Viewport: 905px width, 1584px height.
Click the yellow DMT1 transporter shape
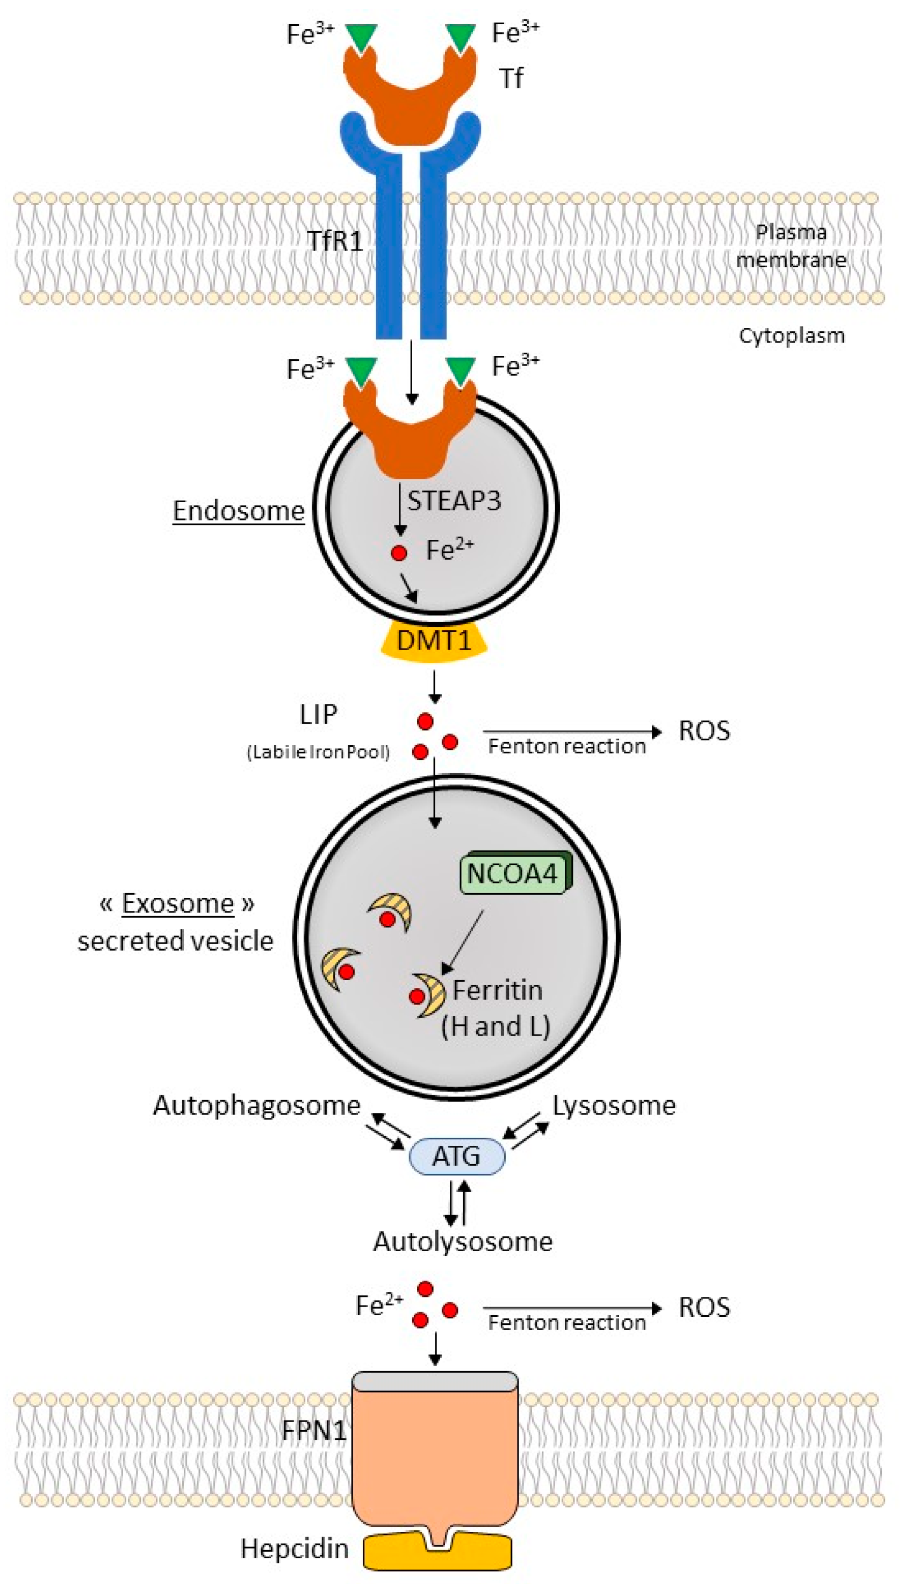point(434,640)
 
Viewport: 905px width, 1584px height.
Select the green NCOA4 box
point(513,873)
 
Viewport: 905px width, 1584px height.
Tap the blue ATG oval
point(456,1157)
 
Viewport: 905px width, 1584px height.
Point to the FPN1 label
point(313,1430)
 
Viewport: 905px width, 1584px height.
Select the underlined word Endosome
point(239,511)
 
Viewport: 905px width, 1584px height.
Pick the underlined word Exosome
point(178,903)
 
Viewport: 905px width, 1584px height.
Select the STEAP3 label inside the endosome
point(454,501)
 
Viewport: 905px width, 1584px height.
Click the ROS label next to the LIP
point(704,731)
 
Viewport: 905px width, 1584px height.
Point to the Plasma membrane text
point(791,246)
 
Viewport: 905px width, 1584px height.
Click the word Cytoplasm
point(791,336)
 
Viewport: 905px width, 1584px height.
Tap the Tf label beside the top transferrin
point(511,79)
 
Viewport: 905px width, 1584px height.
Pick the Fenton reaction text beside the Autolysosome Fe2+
point(566,1323)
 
